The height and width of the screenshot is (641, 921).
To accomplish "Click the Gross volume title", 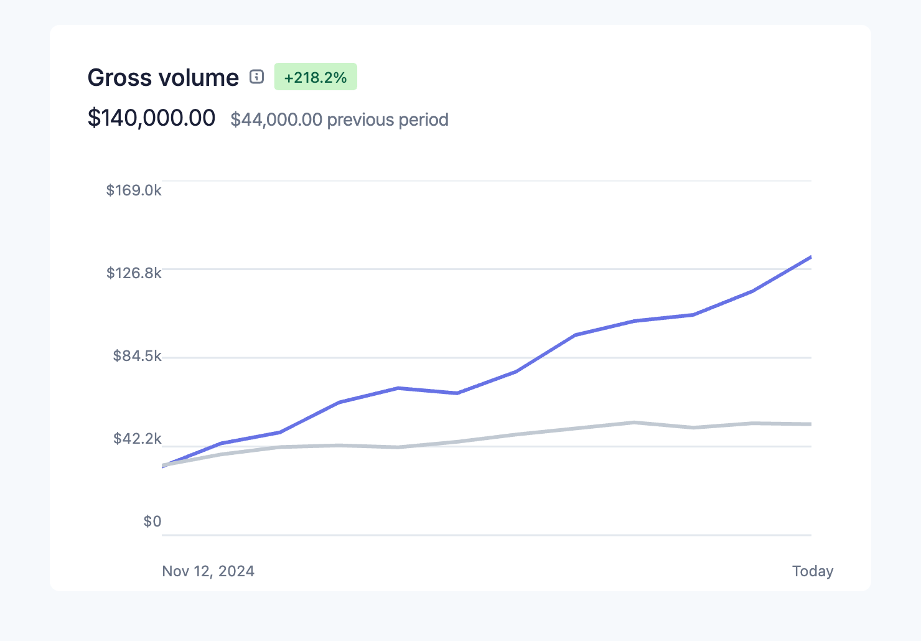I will [x=163, y=78].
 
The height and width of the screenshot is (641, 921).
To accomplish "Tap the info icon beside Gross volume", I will [x=256, y=77].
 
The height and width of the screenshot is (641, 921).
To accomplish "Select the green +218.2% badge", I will [x=316, y=77].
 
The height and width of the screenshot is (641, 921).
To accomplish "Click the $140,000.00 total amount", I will [x=151, y=118].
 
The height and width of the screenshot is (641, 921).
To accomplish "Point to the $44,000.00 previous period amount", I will [x=276, y=119].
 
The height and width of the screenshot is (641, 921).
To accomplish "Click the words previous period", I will [x=387, y=119].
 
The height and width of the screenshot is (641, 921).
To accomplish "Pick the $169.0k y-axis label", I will [x=134, y=190].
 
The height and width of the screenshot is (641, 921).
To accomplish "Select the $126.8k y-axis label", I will [x=134, y=273].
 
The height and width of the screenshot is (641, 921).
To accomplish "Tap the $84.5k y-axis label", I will [x=137, y=356].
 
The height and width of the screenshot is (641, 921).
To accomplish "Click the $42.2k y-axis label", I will [x=137, y=439].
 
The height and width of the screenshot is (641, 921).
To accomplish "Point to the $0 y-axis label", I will [x=152, y=522].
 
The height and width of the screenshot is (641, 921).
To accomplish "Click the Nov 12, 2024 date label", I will [x=208, y=571].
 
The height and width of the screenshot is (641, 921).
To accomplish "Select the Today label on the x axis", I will [x=812, y=571].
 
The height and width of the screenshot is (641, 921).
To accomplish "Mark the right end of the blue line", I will [x=810, y=257].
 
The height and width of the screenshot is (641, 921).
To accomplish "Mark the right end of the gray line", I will [x=810, y=424].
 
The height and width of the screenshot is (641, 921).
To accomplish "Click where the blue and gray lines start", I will [x=163, y=466].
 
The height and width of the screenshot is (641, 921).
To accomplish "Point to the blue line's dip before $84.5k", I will [x=457, y=393].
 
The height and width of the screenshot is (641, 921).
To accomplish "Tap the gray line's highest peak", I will [x=633, y=423].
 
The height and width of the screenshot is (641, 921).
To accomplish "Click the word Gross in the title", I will [x=119, y=78].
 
